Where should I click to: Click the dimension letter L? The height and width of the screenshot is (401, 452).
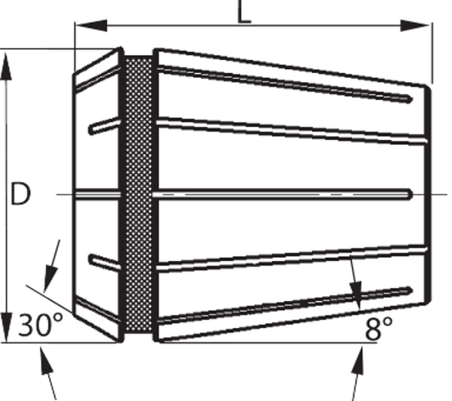click(x=244, y=12)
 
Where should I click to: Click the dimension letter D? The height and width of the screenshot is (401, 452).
click(x=20, y=194)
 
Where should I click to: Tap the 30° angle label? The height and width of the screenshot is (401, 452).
click(x=41, y=325)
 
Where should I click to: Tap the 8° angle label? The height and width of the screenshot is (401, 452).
click(x=378, y=328)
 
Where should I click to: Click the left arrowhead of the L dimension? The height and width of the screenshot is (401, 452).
click(x=91, y=25)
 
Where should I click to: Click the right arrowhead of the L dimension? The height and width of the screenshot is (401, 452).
click(x=416, y=25)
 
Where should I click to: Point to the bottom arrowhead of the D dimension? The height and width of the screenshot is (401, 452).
click(x=6, y=327)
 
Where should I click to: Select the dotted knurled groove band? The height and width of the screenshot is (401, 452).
click(x=139, y=194)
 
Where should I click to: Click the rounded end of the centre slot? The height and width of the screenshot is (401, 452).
click(x=409, y=194)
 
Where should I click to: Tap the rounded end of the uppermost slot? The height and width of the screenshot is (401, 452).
click(x=409, y=99)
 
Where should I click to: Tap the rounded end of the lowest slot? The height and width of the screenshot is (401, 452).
click(x=409, y=291)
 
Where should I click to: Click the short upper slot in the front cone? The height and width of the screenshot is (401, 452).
click(x=104, y=125)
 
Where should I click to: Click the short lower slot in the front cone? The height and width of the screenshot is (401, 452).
click(x=104, y=263)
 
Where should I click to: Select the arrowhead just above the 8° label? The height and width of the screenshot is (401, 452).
click(x=356, y=296)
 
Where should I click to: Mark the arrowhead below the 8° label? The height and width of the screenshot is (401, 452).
click(x=358, y=361)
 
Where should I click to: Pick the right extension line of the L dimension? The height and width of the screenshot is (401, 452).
click(x=432, y=53)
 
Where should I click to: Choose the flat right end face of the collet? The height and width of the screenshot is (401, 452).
click(x=427, y=194)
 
